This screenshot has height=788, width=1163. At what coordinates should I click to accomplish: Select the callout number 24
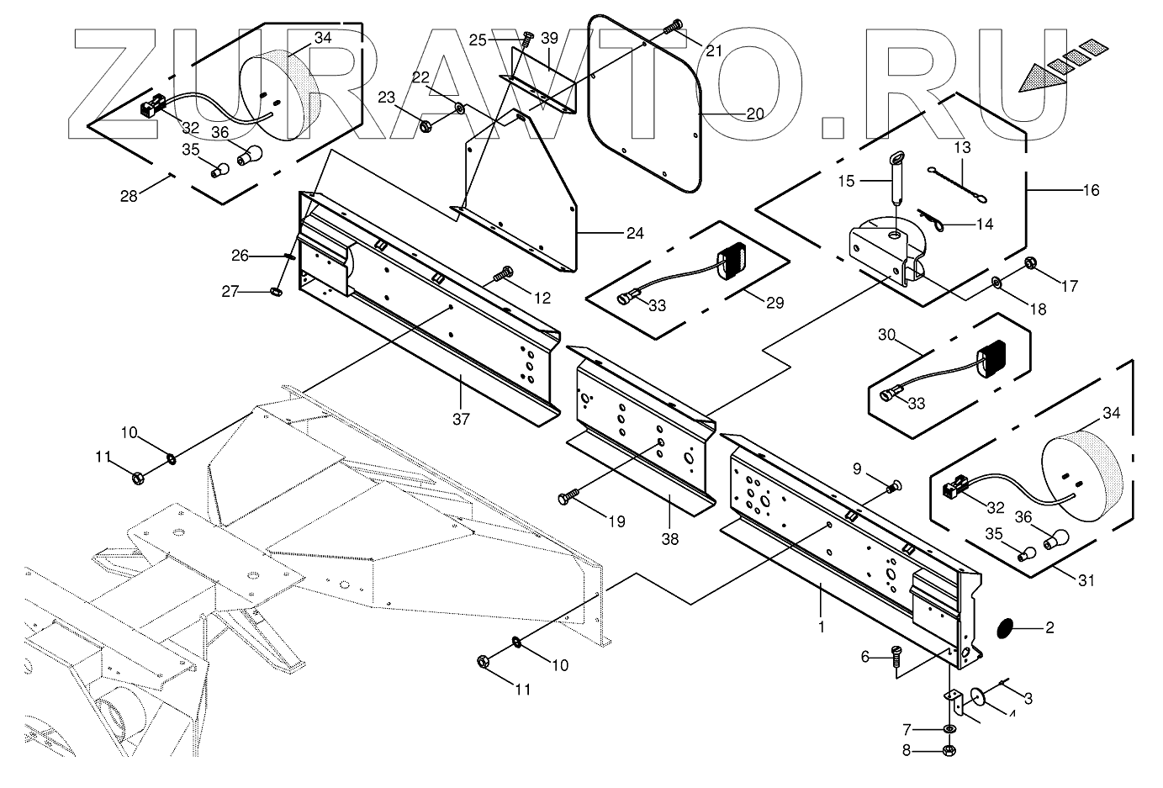pyautogui.click(x=634, y=233)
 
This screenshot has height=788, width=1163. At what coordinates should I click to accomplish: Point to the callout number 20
pyautogui.click(x=754, y=114)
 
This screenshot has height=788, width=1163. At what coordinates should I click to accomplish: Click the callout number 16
pyautogui.click(x=1090, y=191)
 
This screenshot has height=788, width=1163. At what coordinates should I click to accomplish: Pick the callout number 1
pyautogui.click(x=822, y=626)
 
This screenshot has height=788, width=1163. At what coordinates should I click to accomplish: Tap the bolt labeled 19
pyautogui.click(x=568, y=498)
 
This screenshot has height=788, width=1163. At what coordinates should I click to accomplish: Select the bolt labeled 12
pyautogui.click(x=505, y=272)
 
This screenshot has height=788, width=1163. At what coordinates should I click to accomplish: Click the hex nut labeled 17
pyautogui.click(x=1029, y=267)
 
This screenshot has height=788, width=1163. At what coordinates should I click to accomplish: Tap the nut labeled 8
pyautogui.click(x=949, y=750)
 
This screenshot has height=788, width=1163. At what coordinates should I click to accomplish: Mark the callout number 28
pyautogui.click(x=129, y=196)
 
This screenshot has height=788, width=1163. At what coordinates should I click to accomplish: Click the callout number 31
pyautogui.click(x=1086, y=581)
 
